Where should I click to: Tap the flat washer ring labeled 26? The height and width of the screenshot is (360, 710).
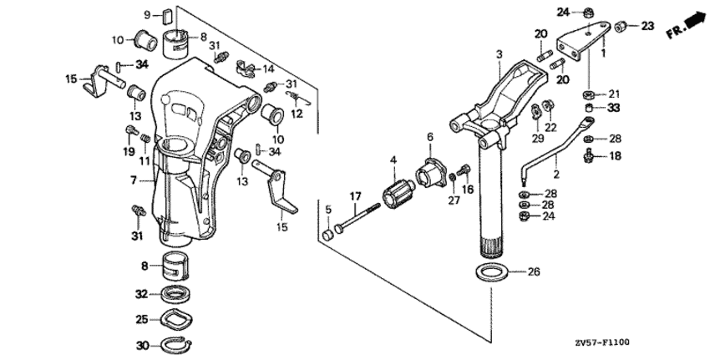click(491, 272)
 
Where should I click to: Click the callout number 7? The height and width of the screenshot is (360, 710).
click(133, 180)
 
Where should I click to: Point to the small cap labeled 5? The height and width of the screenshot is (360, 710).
click(327, 235)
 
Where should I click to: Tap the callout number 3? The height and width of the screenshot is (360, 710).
click(499, 54)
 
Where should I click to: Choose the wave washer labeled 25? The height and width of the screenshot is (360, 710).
click(175, 319)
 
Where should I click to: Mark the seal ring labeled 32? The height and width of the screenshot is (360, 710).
click(175, 295)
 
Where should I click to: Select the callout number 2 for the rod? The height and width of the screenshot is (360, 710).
click(556, 174)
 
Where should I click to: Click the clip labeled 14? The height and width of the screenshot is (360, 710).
click(248, 68)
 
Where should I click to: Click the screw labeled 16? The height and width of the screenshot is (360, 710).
click(464, 171)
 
